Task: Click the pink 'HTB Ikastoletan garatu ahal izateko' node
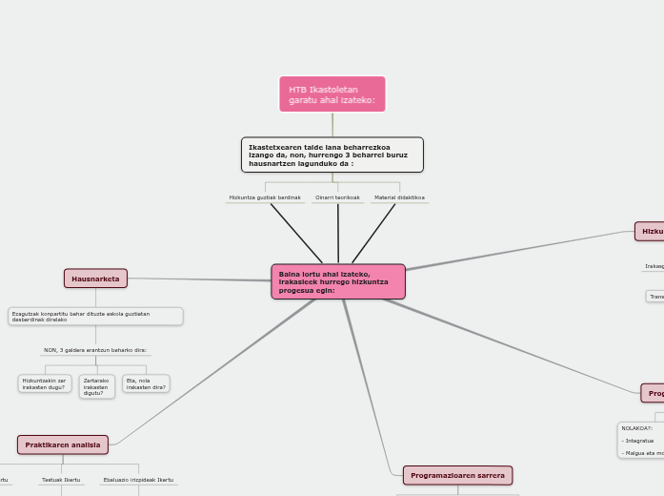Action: coord(332,94)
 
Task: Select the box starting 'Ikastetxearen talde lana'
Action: coord(332,155)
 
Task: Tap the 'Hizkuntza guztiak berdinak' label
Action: coord(265,197)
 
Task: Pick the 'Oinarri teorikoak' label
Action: coord(337,197)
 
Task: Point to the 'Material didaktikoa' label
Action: coord(399,197)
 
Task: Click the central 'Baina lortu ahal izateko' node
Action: coord(338,281)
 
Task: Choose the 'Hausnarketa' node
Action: coord(95,279)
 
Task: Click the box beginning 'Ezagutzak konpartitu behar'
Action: coord(95,316)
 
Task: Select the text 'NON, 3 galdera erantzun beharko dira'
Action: coord(95,350)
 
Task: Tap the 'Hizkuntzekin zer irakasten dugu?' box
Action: coord(45,383)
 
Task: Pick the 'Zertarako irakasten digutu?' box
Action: coord(96,385)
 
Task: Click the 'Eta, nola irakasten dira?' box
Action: coord(146,383)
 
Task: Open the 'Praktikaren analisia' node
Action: coord(63,444)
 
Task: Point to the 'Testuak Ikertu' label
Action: coord(60,480)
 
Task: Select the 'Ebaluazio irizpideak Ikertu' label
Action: coord(138,480)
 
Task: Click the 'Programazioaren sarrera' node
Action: coord(457,474)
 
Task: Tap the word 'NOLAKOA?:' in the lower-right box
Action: coord(636,428)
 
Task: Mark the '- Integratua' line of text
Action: coord(638,441)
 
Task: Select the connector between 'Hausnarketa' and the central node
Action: coord(200,280)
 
